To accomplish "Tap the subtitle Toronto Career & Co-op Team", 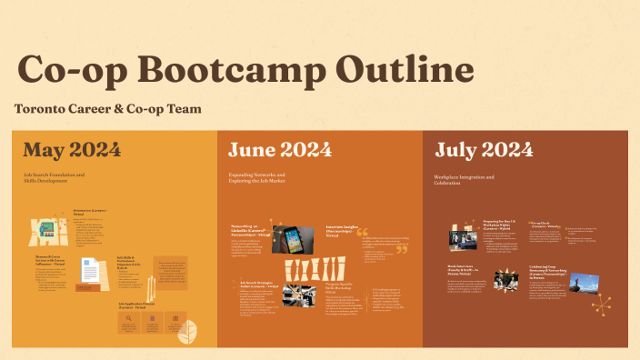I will pos(107,109).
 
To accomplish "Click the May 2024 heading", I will pos(72,149).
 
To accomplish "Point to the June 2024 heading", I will pos(280,149).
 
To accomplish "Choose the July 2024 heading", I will pos(484,149).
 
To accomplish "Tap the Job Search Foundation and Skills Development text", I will pos(55,177).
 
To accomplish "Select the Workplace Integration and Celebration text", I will pos(465,179).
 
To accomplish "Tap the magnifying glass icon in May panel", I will pos(130,319).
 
